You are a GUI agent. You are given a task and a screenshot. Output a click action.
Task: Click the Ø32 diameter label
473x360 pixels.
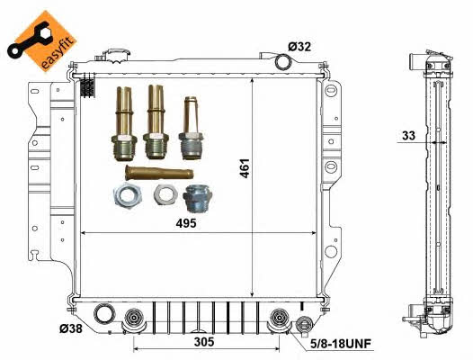(299, 47)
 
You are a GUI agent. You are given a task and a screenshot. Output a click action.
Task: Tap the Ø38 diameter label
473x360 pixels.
(70, 328)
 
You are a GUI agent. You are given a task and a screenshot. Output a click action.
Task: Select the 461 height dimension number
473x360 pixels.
(245, 168)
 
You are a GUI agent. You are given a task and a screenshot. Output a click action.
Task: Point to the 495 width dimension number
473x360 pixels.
(186, 223)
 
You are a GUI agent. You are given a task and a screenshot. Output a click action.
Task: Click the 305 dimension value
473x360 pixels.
(204, 342)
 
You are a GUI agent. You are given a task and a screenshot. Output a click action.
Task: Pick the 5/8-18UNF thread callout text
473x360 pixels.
(341, 344)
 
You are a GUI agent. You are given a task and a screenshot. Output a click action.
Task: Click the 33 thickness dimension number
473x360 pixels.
(409, 136)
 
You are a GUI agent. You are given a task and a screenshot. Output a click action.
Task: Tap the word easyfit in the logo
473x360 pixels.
(58, 52)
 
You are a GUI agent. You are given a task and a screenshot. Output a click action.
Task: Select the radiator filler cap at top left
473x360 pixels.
(115, 56)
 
